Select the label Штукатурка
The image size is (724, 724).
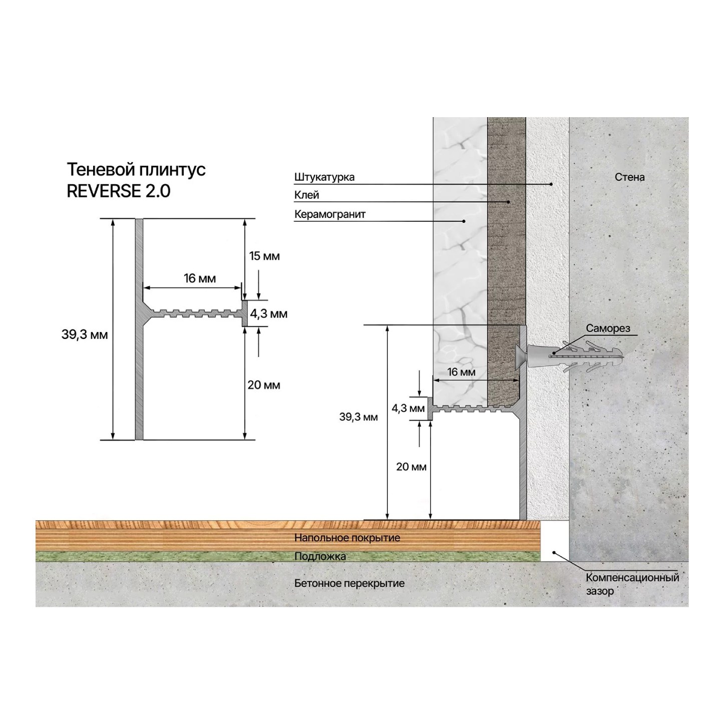pyautogui.click(x=324, y=177)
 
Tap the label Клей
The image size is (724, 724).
pyautogui.click(x=306, y=195)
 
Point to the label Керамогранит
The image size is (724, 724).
pyautogui.click(x=330, y=214)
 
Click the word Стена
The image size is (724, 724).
pyautogui.click(x=630, y=177)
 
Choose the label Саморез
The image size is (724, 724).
pyautogui.click(x=608, y=328)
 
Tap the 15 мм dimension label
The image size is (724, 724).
pyautogui.click(x=264, y=256)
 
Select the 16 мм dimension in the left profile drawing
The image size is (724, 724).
pyautogui.click(x=199, y=278)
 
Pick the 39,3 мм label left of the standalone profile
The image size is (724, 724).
pyautogui.click(x=85, y=335)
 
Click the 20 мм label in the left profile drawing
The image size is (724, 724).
pyautogui.click(x=264, y=385)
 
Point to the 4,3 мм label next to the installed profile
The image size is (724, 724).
pyautogui.click(x=409, y=408)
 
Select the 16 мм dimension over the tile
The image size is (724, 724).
pyautogui.click(x=461, y=373)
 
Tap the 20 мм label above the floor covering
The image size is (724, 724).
pyautogui.click(x=411, y=467)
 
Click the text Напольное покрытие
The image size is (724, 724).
pyautogui.click(x=347, y=538)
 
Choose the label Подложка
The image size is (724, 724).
pyautogui.click(x=320, y=556)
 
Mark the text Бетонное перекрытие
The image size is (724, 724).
pyautogui.click(x=349, y=583)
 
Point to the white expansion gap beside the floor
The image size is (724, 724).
pyautogui.click(x=555, y=541)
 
